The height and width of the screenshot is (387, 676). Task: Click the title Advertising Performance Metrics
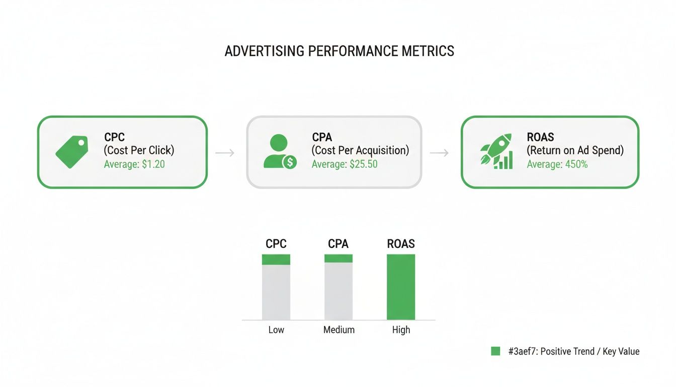click(x=339, y=51)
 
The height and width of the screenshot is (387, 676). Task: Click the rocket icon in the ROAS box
click(x=496, y=151)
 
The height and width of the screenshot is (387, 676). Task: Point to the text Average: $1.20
click(x=134, y=164)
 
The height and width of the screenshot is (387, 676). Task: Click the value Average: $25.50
click(x=345, y=164)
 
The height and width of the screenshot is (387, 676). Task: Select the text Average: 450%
click(x=557, y=164)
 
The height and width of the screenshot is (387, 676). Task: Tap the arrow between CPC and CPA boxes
click(x=225, y=152)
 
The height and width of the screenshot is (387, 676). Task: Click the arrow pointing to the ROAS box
click(x=439, y=152)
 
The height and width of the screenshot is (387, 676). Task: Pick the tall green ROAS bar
click(x=401, y=287)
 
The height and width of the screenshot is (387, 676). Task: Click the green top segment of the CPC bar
click(x=276, y=260)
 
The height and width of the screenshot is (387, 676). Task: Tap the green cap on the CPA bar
click(x=339, y=259)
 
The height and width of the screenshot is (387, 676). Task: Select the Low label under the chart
click(x=276, y=330)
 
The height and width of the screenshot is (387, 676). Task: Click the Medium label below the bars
click(x=339, y=330)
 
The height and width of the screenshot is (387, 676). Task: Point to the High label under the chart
click(x=401, y=330)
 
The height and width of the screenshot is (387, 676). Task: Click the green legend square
click(x=495, y=351)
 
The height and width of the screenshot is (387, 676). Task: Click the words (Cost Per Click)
click(x=139, y=150)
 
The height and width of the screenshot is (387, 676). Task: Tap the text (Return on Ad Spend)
click(x=575, y=150)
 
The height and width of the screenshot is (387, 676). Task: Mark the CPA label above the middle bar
click(x=338, y=244)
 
